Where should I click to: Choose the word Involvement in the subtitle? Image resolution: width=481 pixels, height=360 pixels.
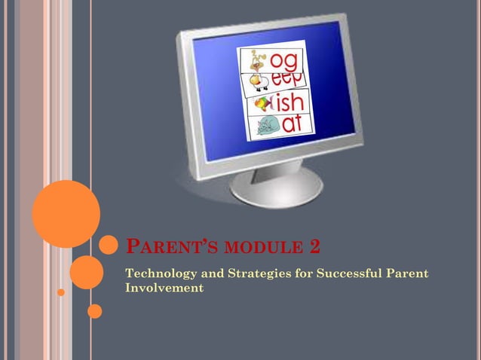click(164, 287)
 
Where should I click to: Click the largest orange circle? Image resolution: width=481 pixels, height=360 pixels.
click(66, 213)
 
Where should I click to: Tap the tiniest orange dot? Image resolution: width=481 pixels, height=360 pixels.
click(61, 291)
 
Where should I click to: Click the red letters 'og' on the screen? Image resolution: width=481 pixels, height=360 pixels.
click(287, 60)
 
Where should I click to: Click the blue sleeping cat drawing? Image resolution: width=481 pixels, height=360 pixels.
click(265, 127)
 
